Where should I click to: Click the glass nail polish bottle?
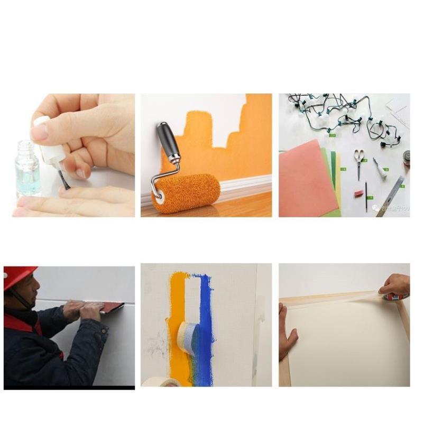(x=27, y=168)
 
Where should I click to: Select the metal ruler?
(x=391, y=196)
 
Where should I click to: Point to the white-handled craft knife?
(x=381, y=168)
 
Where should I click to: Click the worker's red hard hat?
(x=19, y=276)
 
